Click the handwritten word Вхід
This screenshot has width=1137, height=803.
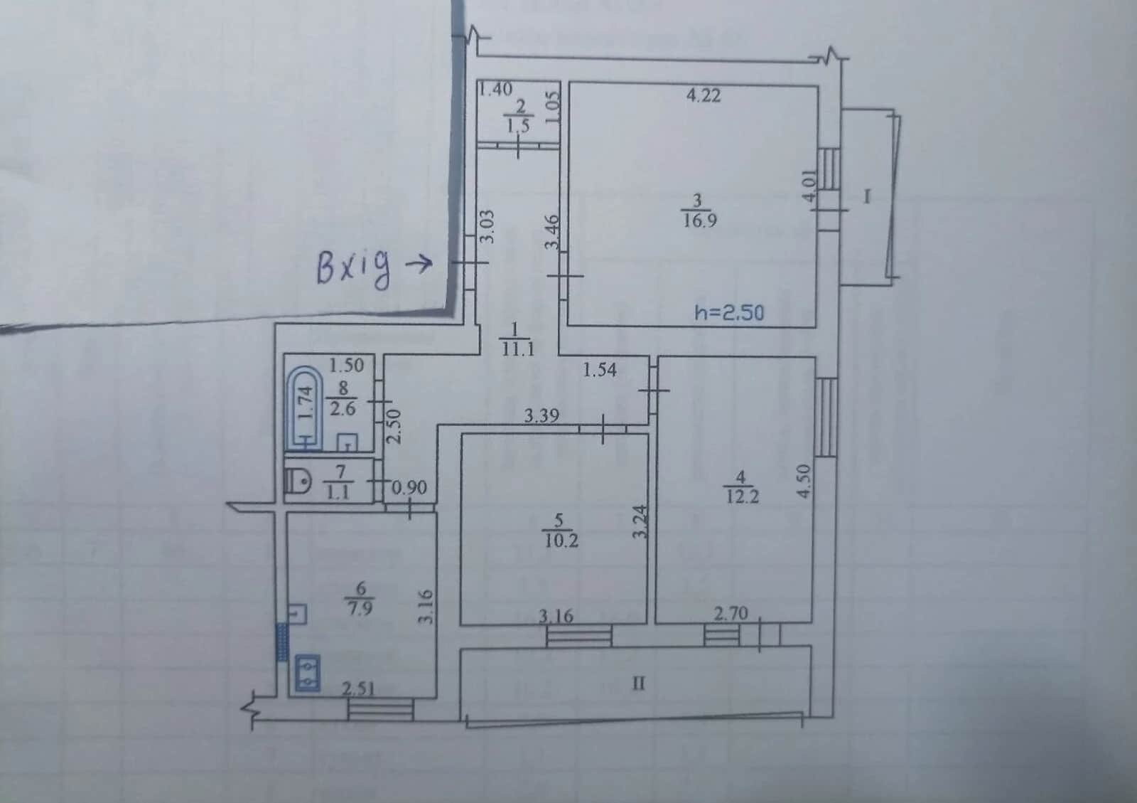(x=355, y=268)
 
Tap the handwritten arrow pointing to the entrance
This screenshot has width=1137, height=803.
(x=419, y=264)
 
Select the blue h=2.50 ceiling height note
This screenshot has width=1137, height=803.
(x=729, y=312)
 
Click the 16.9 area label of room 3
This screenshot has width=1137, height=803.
(x=699, y=221)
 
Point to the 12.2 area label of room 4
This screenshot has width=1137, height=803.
(x=742, y=496)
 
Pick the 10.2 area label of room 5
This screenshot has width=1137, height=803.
(x=561, y=541)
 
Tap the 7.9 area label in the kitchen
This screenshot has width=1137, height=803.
(x=360, y=608)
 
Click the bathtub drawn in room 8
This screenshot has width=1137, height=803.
(x=305, y=410)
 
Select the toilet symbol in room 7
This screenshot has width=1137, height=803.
(x=298, y=481)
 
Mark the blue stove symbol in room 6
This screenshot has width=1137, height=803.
(x=308, y=673)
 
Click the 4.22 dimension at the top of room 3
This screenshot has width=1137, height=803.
(x=704, y=95)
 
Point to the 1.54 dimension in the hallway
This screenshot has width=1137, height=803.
(x=600, y=370)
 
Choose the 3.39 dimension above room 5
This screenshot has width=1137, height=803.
(x=541, y=416)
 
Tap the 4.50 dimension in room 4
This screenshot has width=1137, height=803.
(x=804, y=481)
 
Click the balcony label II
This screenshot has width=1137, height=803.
(x=639, y=684)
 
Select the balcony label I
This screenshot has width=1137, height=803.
(x=867, y=196)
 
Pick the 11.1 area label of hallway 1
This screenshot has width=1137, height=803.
(x=518, y=349)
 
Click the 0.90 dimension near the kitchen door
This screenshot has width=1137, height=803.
(x=409, y=488)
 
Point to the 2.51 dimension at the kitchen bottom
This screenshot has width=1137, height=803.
(x=358, y=688)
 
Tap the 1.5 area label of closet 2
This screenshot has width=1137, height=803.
(x=518, y=126)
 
